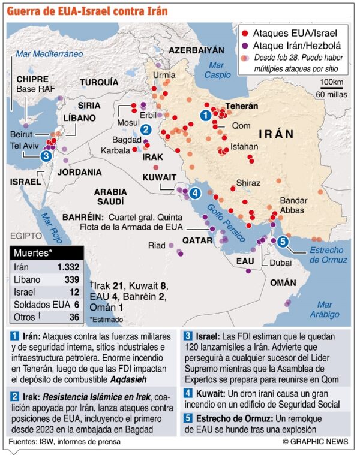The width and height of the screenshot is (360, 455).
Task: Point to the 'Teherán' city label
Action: pos(242,106)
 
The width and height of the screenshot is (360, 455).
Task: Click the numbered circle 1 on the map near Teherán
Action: pos(205,114)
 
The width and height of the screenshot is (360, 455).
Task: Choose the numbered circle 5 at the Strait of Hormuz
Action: pos(283,242)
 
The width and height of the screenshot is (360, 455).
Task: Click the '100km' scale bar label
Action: pos(331,82)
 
